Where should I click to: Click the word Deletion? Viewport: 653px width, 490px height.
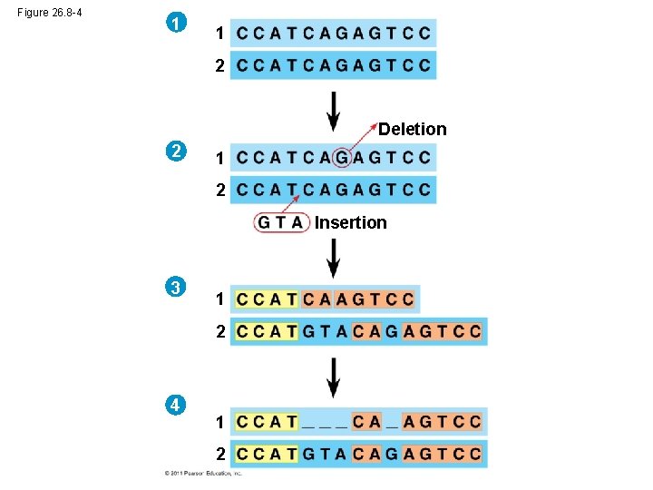[413, 129]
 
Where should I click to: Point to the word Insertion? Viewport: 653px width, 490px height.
[351, 222]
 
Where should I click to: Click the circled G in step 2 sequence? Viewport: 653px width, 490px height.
[342, 157]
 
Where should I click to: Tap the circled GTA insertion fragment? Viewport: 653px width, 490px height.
[281, 222]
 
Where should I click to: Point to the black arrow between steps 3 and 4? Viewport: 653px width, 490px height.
[334, 377]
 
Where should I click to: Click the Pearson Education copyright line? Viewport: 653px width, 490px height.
[203, 474]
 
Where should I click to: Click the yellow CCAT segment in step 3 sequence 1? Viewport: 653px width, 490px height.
[267, 299]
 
